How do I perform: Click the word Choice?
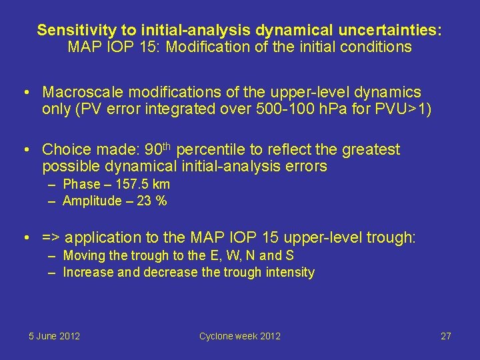click(x=65, y=149)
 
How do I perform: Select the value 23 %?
click(x=152, y=201)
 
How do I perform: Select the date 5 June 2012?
click(x=54, y=336)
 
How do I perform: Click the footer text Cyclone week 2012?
click(x=240, y=336)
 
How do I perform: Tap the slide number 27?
click(x=446, y=336)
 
